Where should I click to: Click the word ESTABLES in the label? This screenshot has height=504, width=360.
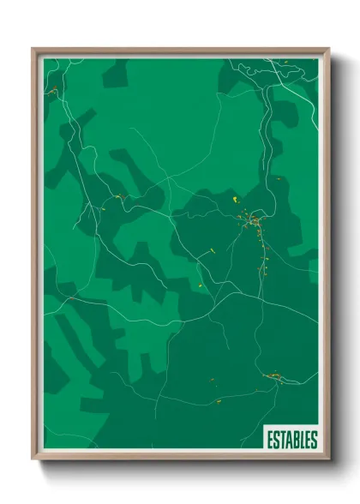(x=291, y=437)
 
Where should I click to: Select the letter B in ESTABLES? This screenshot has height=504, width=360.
(x=295, y=437)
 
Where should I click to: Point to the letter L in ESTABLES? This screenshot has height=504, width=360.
(x=301, y=437)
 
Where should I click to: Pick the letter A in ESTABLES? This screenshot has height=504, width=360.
(x=288, y=437)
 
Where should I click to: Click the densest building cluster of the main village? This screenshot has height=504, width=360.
(x=255, y=224)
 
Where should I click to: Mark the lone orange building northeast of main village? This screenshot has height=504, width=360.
(x=278, y=178)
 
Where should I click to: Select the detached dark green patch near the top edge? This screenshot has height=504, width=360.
(x=115, y=74)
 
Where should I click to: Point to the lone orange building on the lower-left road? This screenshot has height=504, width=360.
(x=216, y=400)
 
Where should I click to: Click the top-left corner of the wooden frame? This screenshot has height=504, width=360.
(x=33, y=50)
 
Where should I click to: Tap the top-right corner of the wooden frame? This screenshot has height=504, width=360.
(x=328, y=50)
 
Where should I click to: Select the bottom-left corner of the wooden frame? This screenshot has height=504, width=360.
(x=33, y=461)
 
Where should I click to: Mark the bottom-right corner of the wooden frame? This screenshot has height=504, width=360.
(x=328, y=461)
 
